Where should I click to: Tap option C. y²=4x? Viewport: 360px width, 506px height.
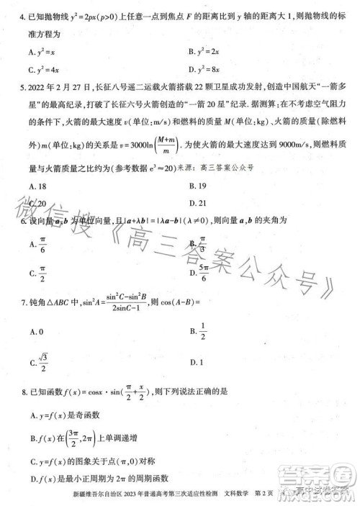coord(44,70)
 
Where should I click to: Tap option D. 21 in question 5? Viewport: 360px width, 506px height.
coord(198,203)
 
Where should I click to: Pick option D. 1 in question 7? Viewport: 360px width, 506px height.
coord(198,362)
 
